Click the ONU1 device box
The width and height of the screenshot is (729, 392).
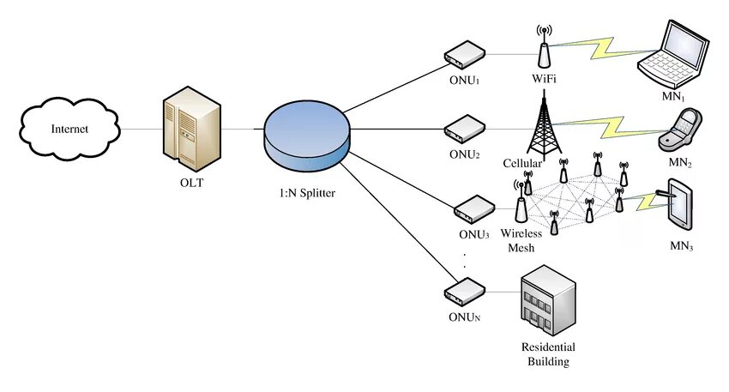pyautogui.click(x=463, y=56)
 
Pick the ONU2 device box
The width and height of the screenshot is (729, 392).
pyautogui.click(x=464, y=130)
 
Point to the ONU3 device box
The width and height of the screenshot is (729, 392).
pyautogui.click(x=473, y=208)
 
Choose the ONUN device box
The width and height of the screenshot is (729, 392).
pyautogui.click(x=464, y=292)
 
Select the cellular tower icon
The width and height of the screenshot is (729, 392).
pyautogui.click(x=541, y=124)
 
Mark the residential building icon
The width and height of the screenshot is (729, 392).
pyautogui.click(x=546, y=300)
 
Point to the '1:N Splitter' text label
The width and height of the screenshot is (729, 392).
pyautogui.click(x=306, y=193)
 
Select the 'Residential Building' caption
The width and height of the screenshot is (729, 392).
pyautogui.click(x=548, y=354)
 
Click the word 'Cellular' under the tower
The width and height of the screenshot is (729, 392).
pyautogui.click(x=522, y=163)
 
